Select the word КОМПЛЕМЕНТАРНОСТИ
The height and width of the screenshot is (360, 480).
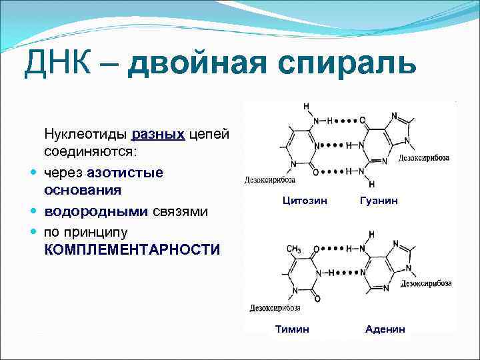(132, 250)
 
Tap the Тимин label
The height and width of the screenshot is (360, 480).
(292, 329)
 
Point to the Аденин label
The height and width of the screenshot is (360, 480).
(385, 329)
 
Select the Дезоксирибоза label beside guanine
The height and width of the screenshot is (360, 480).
(424, 159)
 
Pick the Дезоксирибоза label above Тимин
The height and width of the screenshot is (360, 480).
(275, 308)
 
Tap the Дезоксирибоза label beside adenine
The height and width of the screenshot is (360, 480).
(427, 283)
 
